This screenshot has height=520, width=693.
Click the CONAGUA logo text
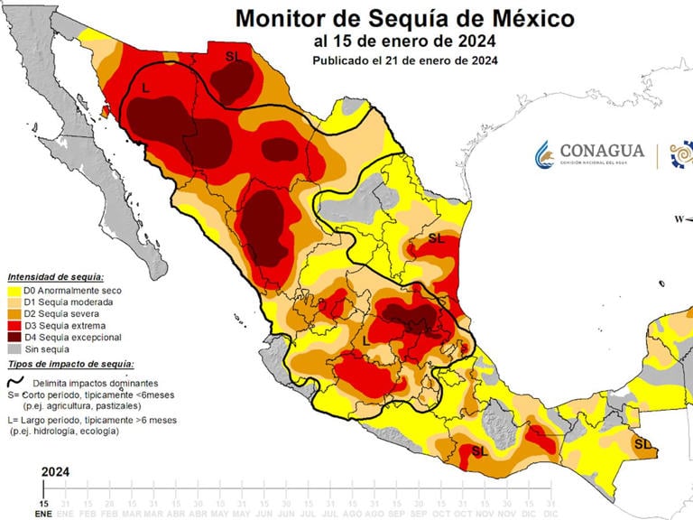click(602, 151)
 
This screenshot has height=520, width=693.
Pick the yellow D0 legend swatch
click(14, 291)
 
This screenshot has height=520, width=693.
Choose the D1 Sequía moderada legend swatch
click(14, 302)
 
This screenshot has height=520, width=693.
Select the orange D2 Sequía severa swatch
click(14, 314)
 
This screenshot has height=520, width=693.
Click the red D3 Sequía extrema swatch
click(14, 325)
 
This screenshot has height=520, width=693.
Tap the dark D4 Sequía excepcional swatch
click(14, 337)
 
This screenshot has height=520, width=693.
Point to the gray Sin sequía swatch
click(14, 348)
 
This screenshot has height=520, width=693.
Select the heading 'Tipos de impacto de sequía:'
click(70, 364)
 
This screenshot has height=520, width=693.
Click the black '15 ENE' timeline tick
click(42, 506)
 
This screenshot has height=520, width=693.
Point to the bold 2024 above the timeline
click(56, 471)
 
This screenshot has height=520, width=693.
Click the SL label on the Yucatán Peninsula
click(642, 443)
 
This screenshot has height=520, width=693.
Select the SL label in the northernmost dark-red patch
click(234, 56)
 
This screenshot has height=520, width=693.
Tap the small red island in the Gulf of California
click(104, 112)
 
